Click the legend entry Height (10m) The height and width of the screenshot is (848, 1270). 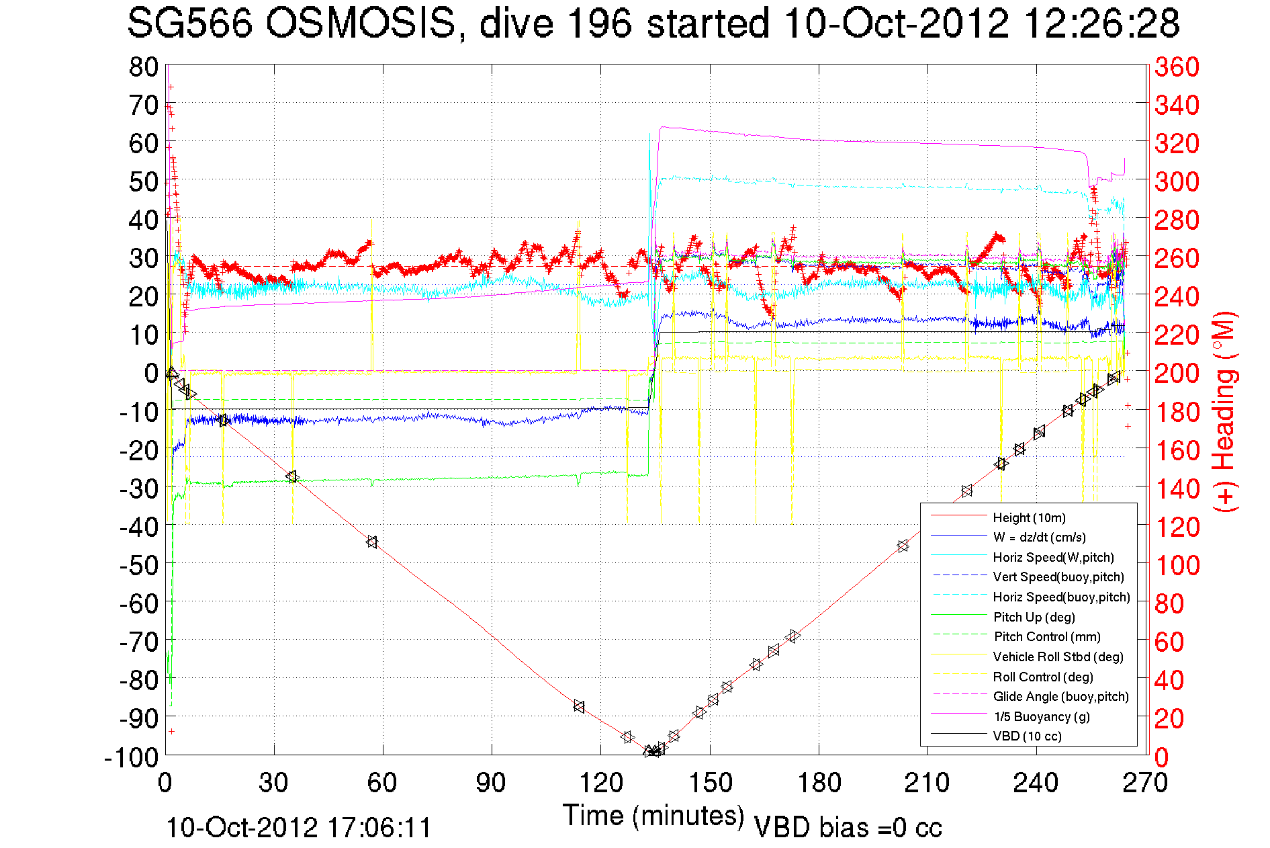tap(1029, 517)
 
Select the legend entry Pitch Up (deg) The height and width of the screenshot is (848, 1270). tap(1034, 617)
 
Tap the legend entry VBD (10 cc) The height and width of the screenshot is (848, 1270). tap(1027, 736)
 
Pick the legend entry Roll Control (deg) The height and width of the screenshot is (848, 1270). tap(1043, 677)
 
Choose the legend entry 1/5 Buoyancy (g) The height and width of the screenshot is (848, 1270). tap(1042, 716)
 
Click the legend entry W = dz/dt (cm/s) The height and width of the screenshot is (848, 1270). tap(1039, 537)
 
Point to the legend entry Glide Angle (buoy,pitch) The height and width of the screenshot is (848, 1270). tap(1060, 696)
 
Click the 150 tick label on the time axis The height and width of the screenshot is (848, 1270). tap(710, 783)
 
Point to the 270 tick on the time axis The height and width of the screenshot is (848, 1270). tap(1146, 783)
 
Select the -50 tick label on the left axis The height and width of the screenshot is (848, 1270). tap(138, 564)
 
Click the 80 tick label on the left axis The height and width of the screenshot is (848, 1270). tap(144, 67)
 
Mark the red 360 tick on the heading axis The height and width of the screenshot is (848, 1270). tap(1177, 67)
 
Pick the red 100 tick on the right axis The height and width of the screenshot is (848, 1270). tap(1177, 565)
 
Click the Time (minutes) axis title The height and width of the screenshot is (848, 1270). tap(653, 816)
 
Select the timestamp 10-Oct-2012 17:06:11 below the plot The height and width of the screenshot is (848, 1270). tap(299, 827)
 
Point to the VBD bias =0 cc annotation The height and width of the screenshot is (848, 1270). tap(848, 827)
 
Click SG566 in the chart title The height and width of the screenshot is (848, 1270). tap(190, 24)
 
